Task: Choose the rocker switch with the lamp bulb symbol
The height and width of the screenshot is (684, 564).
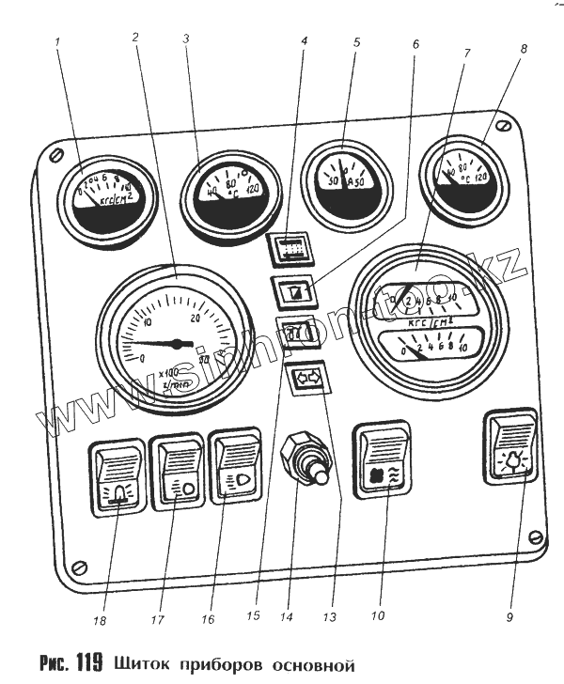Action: pos(510,446)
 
